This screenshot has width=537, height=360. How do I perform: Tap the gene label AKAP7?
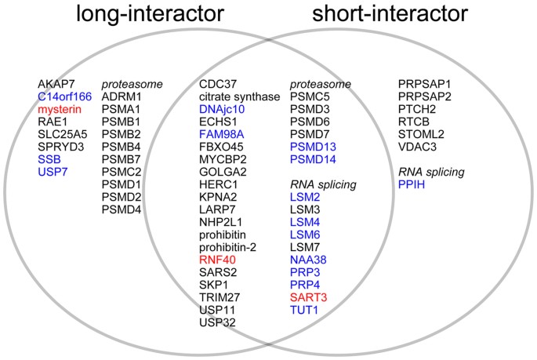[56, 83]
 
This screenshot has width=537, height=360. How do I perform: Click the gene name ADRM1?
[120, 96]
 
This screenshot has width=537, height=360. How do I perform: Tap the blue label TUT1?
[306, 311]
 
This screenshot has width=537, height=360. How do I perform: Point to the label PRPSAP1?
[425, 83]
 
